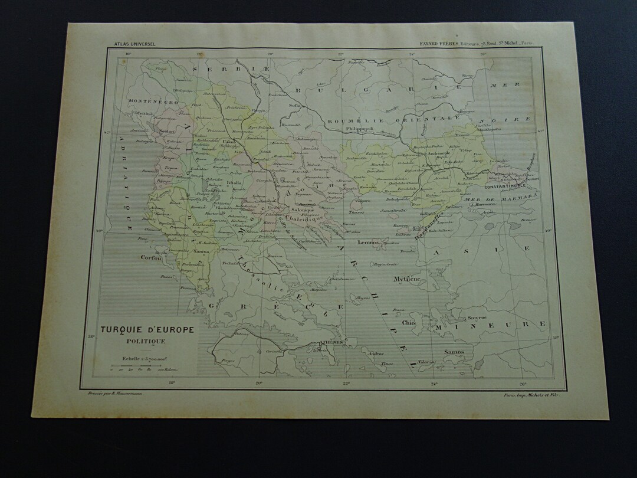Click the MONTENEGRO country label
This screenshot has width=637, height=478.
pyautogui.click(x=153, y=102)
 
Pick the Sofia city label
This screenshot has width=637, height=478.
pyautogui.click(x=295, y=106)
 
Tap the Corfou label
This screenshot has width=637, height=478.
pyautogui.click(x=151, y=257)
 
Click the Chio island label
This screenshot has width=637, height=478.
pyautogui.click(x=409, y=323)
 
